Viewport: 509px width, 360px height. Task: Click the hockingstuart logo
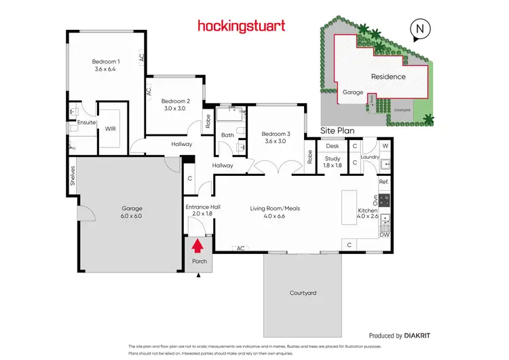tap(241, 26)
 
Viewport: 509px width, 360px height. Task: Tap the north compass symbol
tap(421, 29)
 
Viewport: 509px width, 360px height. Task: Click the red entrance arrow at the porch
tap(198, 245)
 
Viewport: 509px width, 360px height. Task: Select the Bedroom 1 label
tap(106, 65)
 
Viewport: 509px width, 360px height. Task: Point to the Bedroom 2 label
tap(175, 104)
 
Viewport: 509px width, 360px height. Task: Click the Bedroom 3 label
tap(276, 138)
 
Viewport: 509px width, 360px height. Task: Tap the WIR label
tap(110, 127)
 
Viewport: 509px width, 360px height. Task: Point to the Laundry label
tap(370, 158)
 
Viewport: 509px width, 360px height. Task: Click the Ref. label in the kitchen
tap(383, 182)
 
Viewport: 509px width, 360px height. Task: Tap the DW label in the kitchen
tap(383, 235)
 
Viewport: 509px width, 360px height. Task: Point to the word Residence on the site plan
tap(388, 77)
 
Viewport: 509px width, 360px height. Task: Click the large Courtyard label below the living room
tap(303, 293)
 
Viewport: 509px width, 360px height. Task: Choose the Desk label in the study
tap(332, 145)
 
